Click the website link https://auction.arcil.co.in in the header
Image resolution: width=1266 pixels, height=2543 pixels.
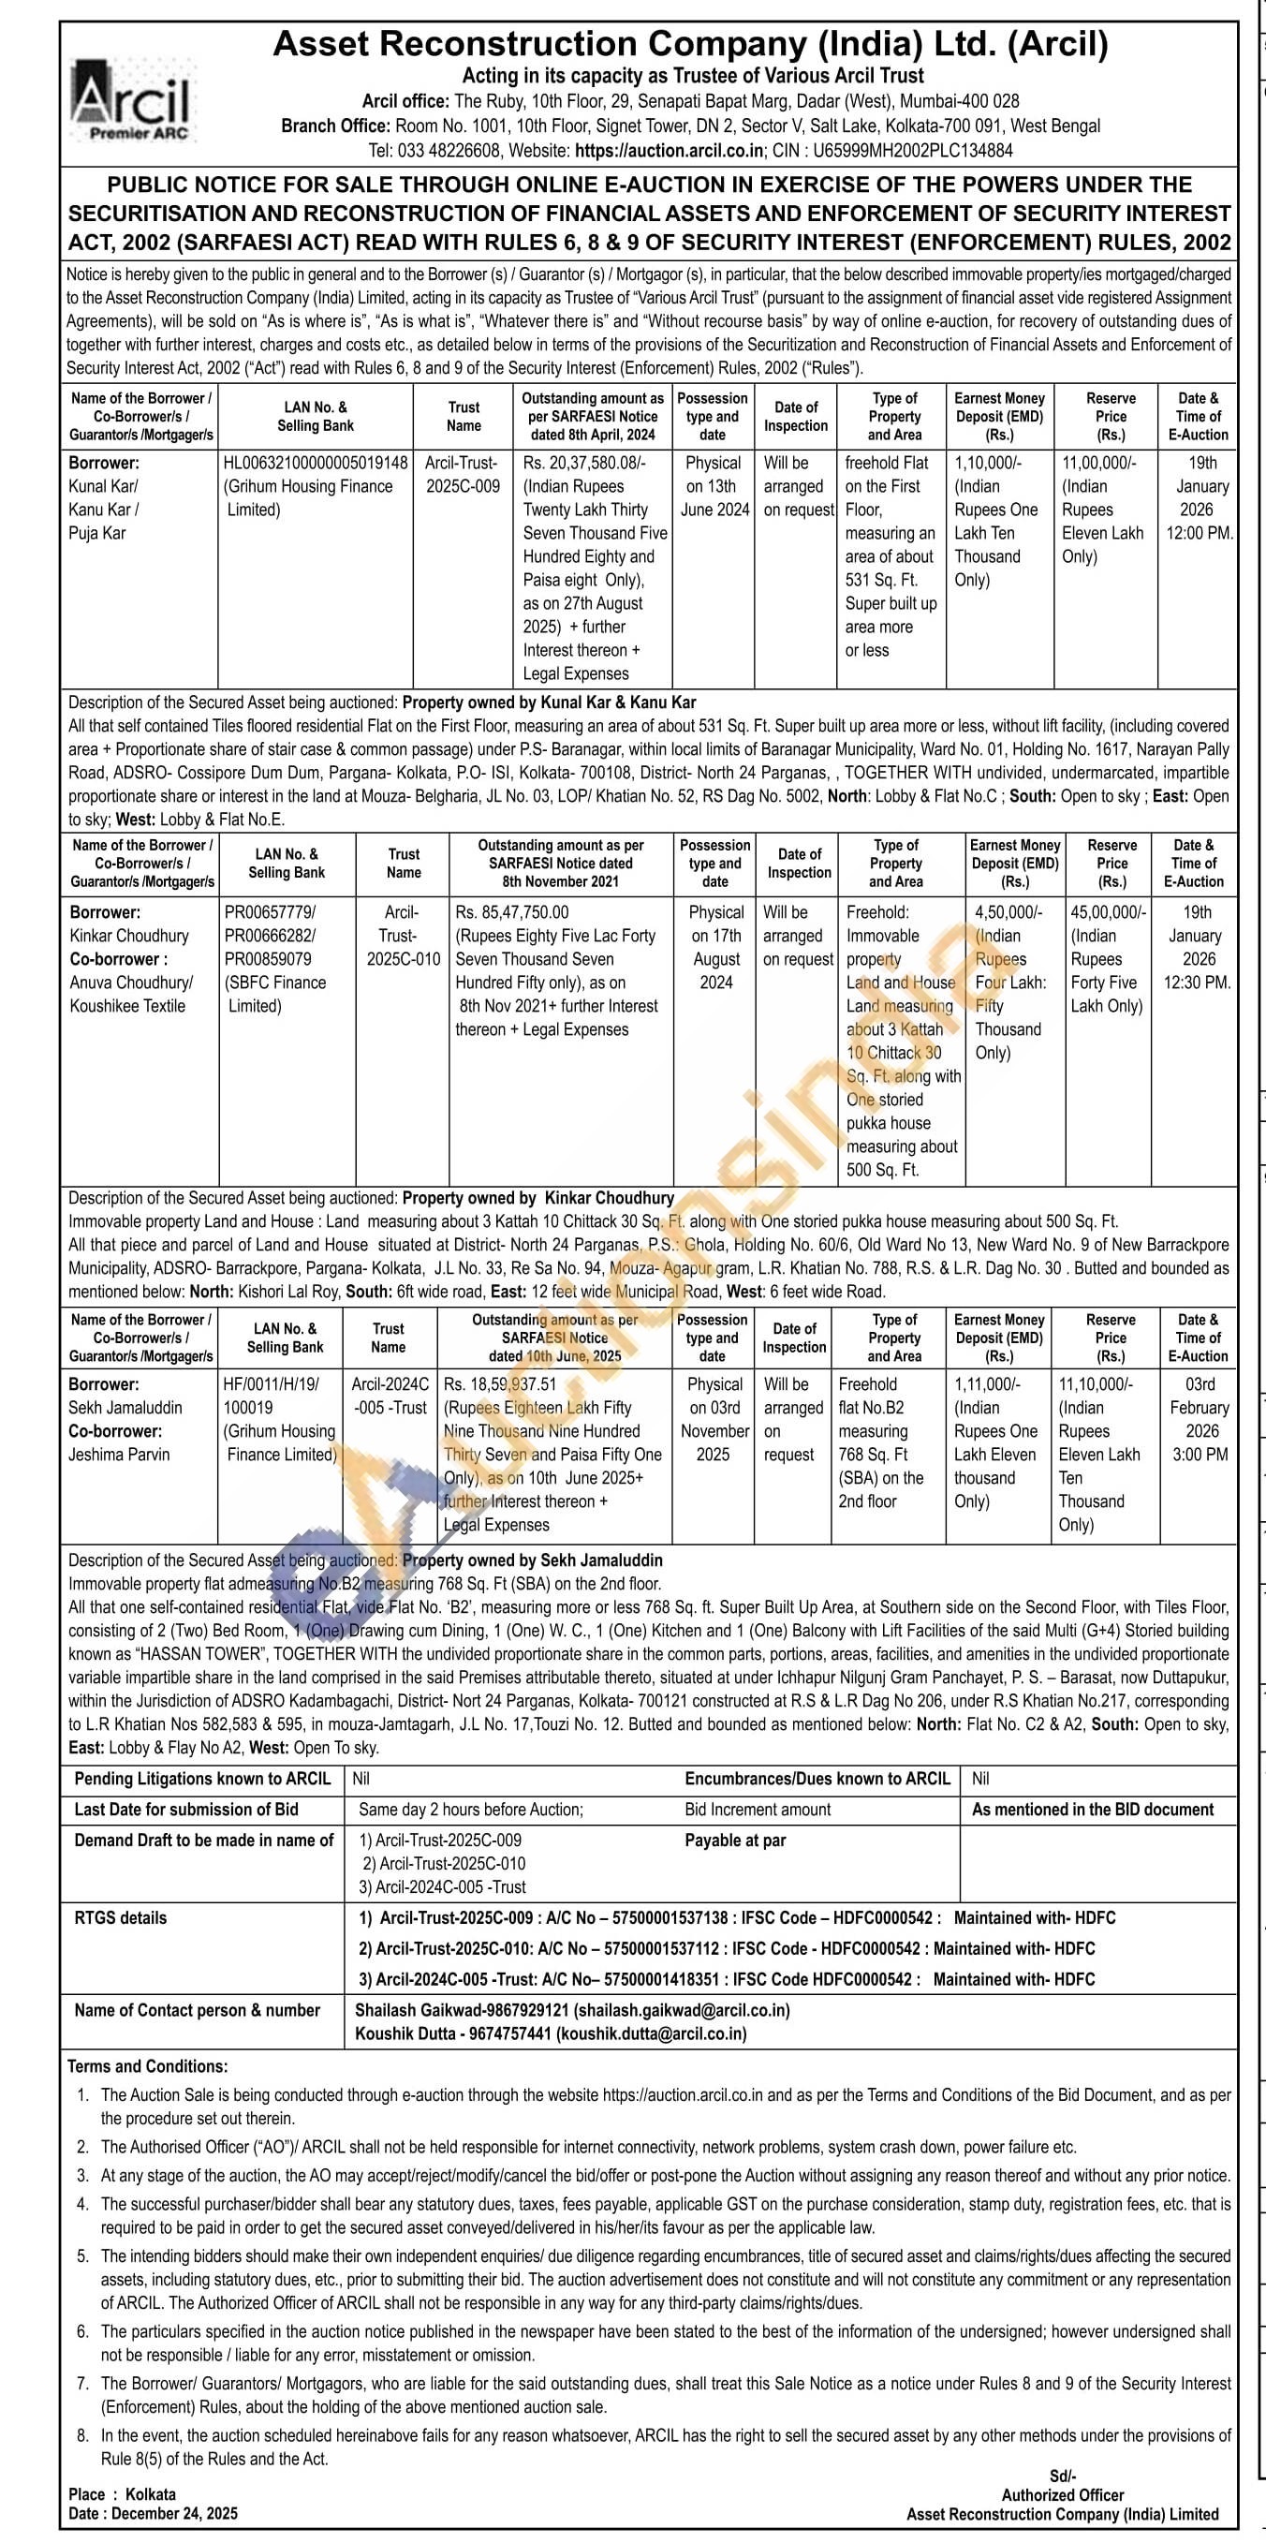click(x=669, y=151)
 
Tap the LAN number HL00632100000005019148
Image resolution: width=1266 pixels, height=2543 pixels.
click(x=315, y=463)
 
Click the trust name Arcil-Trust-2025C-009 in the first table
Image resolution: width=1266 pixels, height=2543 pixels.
click(x=463, y=474)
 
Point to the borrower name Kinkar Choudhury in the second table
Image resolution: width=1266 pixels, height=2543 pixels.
click(x=128, y=936)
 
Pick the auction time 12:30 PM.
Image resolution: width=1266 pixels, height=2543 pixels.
click(x=1197, y=983)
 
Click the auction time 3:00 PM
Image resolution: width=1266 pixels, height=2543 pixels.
click(x=1200, y=1454)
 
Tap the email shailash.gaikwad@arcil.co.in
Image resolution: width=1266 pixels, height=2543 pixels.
click(x=682, y=2010)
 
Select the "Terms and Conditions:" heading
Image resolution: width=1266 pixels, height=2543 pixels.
click(x=147, y=2066)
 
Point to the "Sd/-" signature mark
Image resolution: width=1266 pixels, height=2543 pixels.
click(x=1062, y=2475)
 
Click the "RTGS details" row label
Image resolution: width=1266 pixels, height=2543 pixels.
click(x=121, y=1918)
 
